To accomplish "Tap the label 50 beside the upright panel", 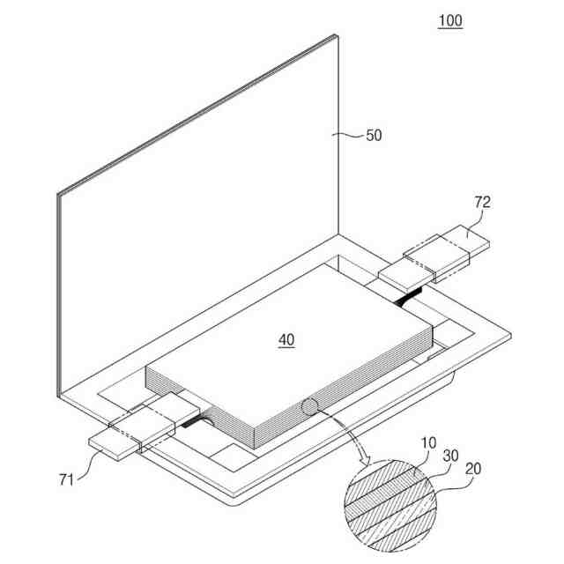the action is [x=375, y=136].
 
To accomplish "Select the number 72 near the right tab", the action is [x=482, y=203].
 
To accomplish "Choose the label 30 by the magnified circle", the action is [x=451, y=458].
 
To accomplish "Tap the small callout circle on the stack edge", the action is [x=311, y=408].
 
